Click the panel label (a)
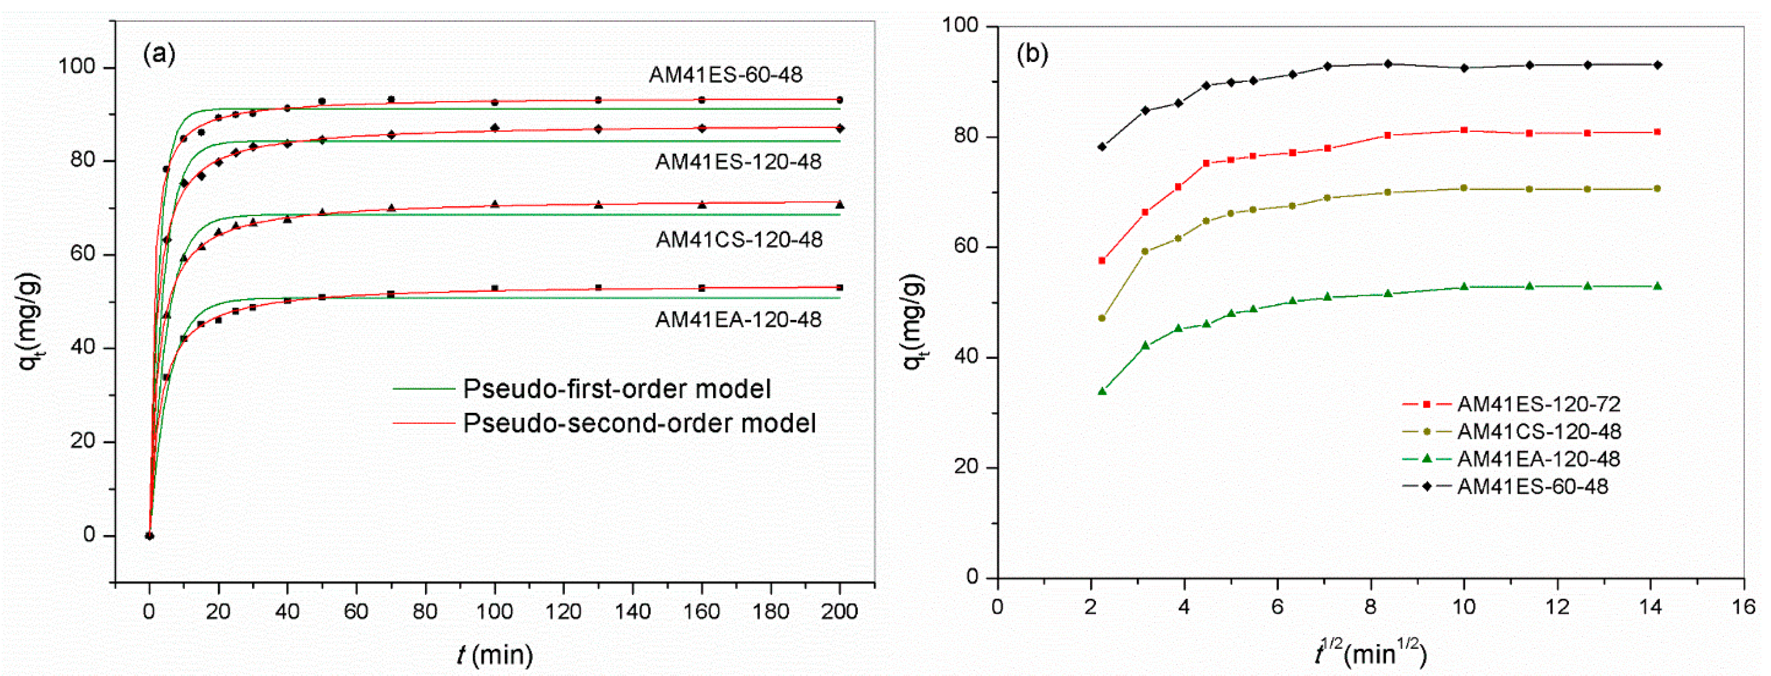[159, 54]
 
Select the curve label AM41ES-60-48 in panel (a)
[726, 75]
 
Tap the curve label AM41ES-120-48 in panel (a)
[738, 162]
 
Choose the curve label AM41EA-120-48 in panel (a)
[738, 319]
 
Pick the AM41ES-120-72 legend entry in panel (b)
[1539, 404]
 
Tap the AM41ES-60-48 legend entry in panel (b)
[1532, 486]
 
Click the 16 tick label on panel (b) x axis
[1743, 607]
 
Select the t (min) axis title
[495, 655]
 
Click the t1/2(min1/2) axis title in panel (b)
[1370, 652]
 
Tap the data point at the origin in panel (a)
[149, 536]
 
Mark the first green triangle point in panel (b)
[1102, 391]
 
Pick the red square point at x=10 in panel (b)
[1464, 130]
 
